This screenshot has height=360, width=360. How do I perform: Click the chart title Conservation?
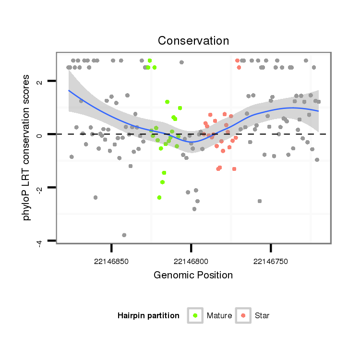tap(193, 40)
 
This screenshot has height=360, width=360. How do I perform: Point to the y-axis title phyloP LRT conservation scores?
tap(27, 147)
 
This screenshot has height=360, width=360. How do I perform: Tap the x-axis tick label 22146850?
tap(111, 261)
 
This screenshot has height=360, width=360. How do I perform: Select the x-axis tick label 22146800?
tap(191, 261)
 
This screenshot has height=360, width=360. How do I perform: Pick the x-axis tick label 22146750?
tap(271, 261)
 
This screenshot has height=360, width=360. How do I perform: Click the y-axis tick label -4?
tap(40, 241)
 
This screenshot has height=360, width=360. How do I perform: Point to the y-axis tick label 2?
tap(40, 81)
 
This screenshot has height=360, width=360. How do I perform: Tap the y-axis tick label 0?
tap(40, 134)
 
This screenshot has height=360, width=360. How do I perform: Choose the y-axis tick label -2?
tap(40, 188)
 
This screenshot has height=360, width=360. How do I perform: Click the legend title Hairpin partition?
tap(148, 316)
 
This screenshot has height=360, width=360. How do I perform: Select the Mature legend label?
tap(219, 316)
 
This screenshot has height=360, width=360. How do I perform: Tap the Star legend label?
tap(263, 316)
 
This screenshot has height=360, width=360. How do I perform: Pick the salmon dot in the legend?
tap(243, 315)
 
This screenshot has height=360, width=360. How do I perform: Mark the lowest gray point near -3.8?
tap(124, 235)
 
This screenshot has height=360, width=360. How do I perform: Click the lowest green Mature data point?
tap(159, 197)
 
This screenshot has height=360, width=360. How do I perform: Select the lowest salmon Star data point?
tap(234, 169)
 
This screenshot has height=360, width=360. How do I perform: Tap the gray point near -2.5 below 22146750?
tap(260, 201)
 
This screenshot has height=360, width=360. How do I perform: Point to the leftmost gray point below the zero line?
tap(72, 157)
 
